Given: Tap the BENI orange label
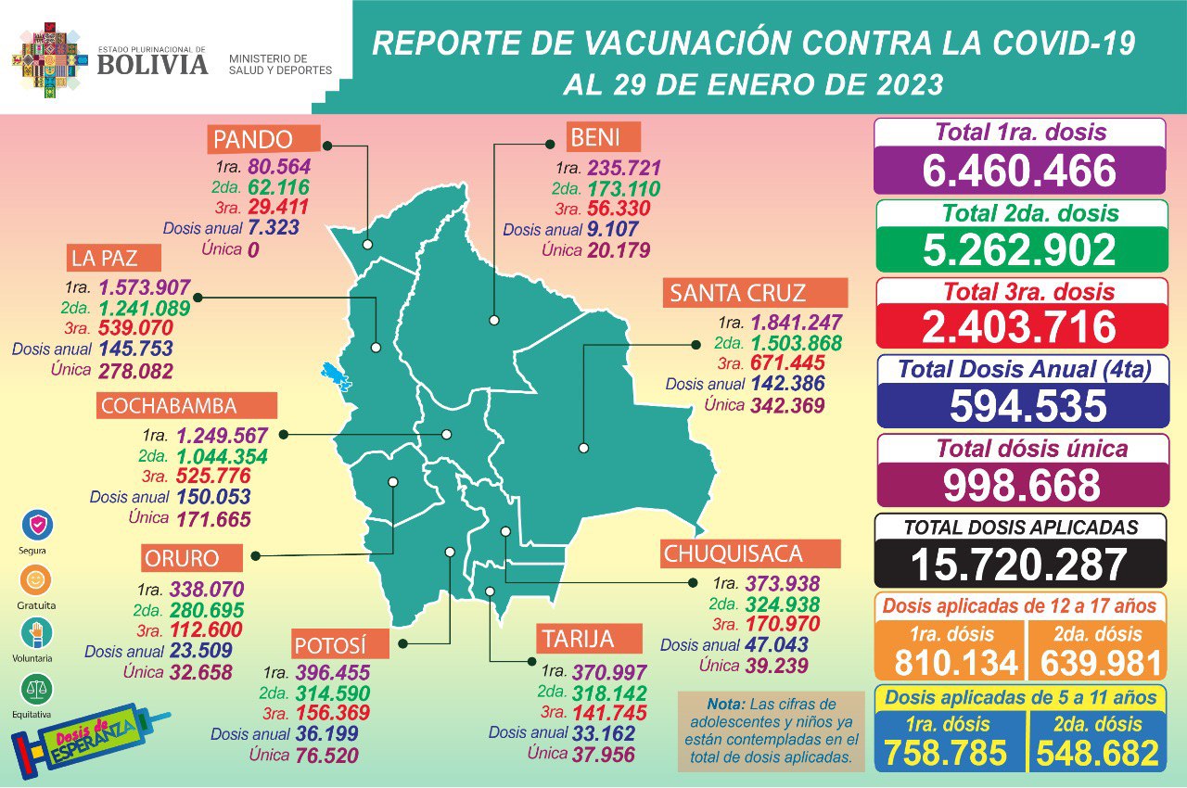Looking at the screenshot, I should pyautogui.click(x=603, y=138).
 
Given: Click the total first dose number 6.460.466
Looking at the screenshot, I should pyautogui.click(x=1019, y=171).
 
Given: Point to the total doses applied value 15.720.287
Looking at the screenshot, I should pyautogui.click(x=1019, y=564).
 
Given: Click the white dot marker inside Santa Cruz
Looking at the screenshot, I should pyautogui.click(x=583, y=448).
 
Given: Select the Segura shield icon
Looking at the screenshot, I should pyautogui.click(x=37, y=526).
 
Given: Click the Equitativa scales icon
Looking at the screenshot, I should pyautogui.click(x=37, y=690).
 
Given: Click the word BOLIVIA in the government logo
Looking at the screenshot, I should pyautogui.click(x=152, y=64).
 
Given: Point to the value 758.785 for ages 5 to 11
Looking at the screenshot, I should pyautogui.click(x=945, y=753).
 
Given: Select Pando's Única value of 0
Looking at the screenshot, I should pyautogui.click(x=251, y=249).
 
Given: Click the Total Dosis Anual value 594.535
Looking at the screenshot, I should pyautogui.click(x=1019, y=406).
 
